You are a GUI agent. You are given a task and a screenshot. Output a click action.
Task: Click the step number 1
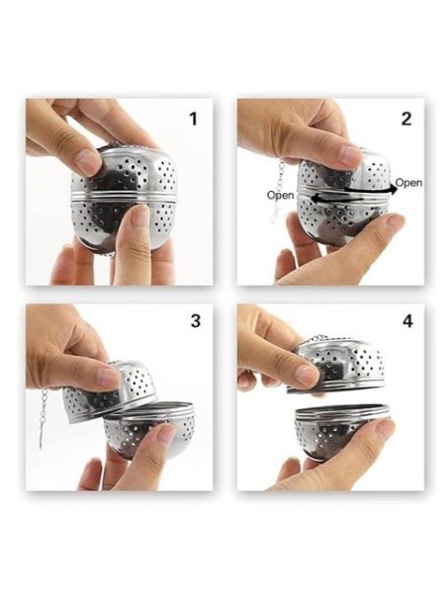pyautogui.click(x=193, y=119)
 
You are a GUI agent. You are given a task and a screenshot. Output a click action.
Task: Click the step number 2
pyautogui.click(x=406, y=119)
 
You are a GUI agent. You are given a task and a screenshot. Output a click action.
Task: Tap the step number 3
pyautogui.click(x=196, y=320)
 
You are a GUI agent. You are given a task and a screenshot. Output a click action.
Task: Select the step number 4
pyautogui.click(x=407, y=321)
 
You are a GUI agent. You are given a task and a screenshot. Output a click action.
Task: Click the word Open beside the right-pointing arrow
pyautogui.click(x=409, y=182)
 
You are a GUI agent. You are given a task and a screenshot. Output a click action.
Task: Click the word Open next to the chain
pyautogui.click(x=280, y=195)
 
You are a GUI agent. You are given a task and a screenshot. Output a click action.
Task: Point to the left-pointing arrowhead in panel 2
pyautogui.click(x=315, y=199)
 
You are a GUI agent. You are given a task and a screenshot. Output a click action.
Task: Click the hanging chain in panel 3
pyautogui.click(x=43, y=418)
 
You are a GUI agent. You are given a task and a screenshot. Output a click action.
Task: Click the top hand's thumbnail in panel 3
pyautogui.click(x=108, y=378)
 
